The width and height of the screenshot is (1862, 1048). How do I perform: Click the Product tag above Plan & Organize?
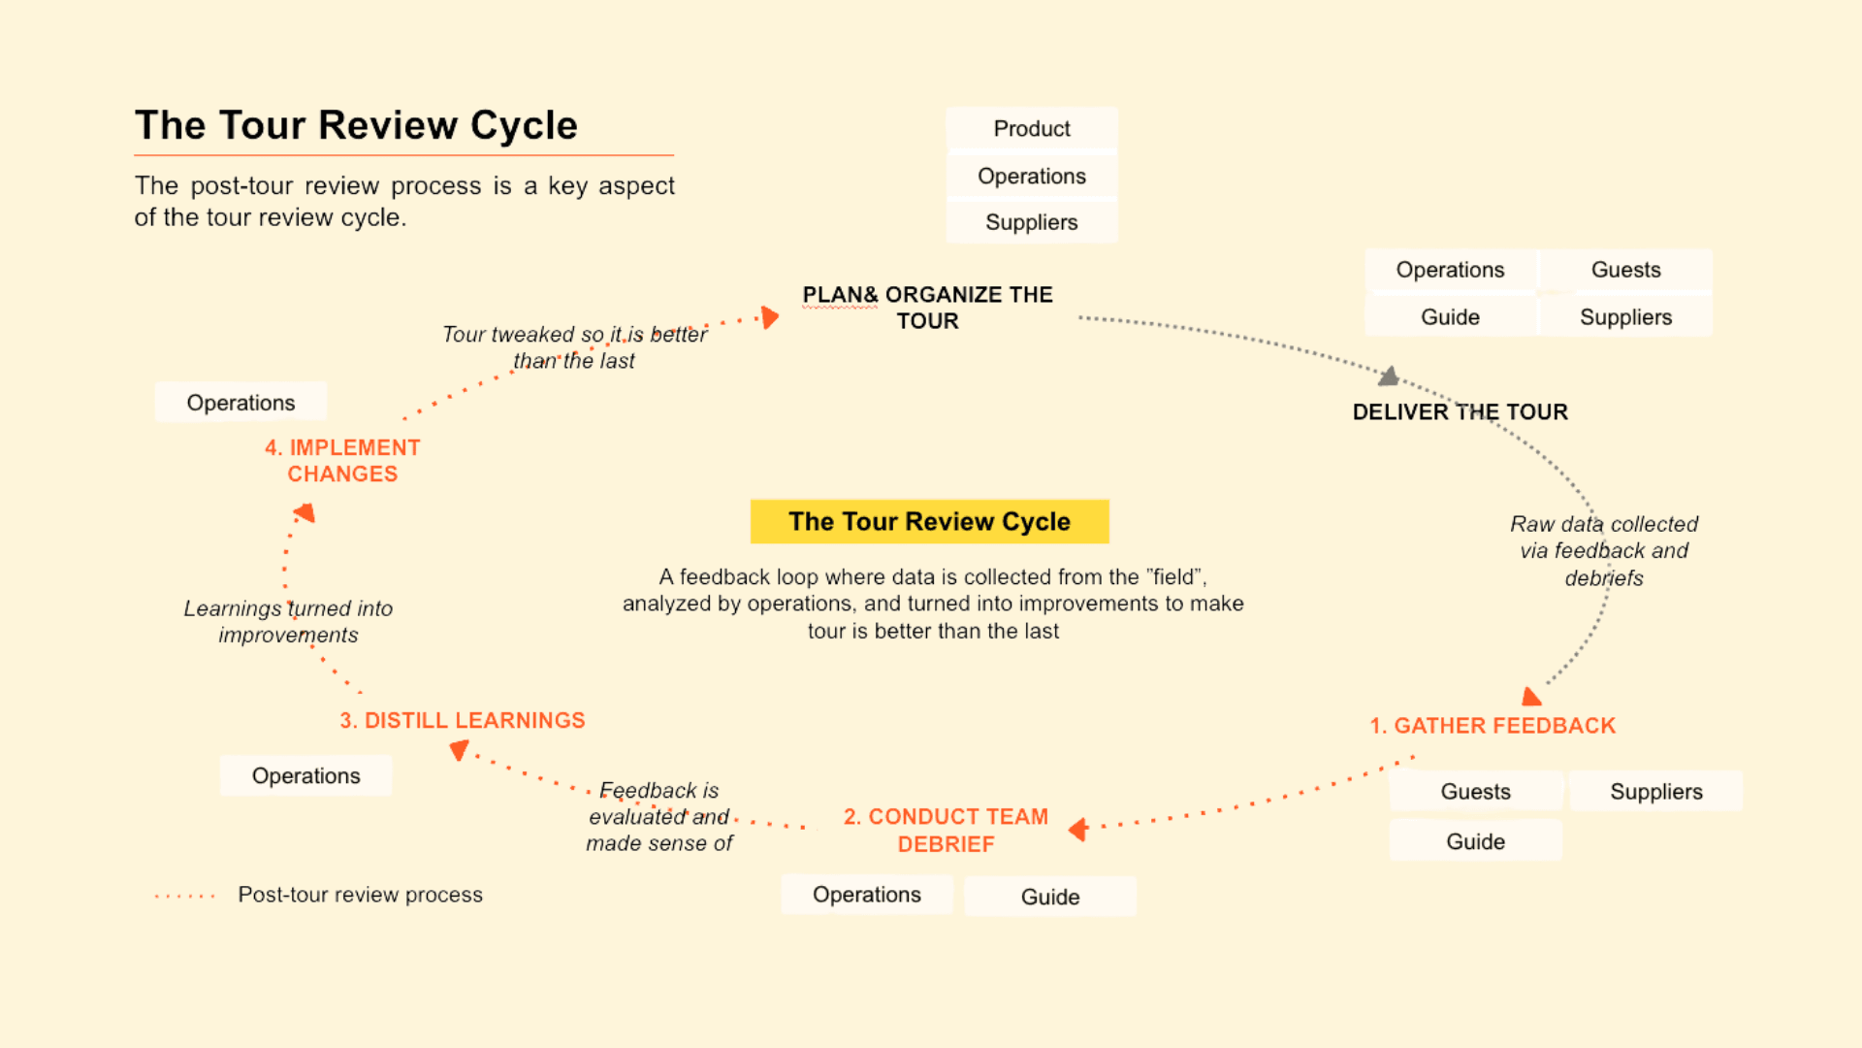click(x=1031, y=129)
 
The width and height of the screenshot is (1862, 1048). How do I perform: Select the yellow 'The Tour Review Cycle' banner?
click(x=929, y=521)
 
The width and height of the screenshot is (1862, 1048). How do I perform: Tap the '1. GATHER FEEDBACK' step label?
click(x=1492, y=726)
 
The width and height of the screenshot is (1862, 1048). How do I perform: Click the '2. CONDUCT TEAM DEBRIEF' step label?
click(x=946, y=830)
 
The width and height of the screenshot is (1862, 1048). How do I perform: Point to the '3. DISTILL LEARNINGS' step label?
click(x=462, y=720)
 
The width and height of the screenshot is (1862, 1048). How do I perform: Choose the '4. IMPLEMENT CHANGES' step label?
click(x=342, y=461)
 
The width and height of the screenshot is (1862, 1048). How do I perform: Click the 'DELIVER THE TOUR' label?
click(x=1460, y=411)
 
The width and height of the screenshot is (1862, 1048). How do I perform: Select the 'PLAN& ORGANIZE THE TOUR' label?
click(x=927, y=308)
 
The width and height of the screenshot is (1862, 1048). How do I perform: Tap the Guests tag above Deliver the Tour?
click(x=1625, y=270)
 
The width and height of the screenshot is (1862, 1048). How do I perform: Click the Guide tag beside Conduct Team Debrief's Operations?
click(x=1049, y=897)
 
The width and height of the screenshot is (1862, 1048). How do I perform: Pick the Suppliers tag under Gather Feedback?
click(x=1655, y=792)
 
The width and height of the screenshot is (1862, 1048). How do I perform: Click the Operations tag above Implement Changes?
click(x=241, y=403)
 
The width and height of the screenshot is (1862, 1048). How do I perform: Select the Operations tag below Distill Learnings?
click(x=305, y=776)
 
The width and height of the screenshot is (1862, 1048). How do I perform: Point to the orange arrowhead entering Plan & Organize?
click(x=770, y=317)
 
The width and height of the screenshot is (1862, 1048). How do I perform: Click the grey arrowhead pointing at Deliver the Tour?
click(x=1390, y=377)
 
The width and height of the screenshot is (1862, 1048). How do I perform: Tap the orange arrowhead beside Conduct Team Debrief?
click(x=1077, y=830)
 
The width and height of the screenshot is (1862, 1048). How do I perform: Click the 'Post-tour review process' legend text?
click(x=360, y=895)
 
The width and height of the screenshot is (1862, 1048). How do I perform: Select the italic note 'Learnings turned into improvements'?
click(x=288, y=621)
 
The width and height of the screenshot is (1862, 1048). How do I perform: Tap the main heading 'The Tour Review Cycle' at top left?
click(x=356, y=125)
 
